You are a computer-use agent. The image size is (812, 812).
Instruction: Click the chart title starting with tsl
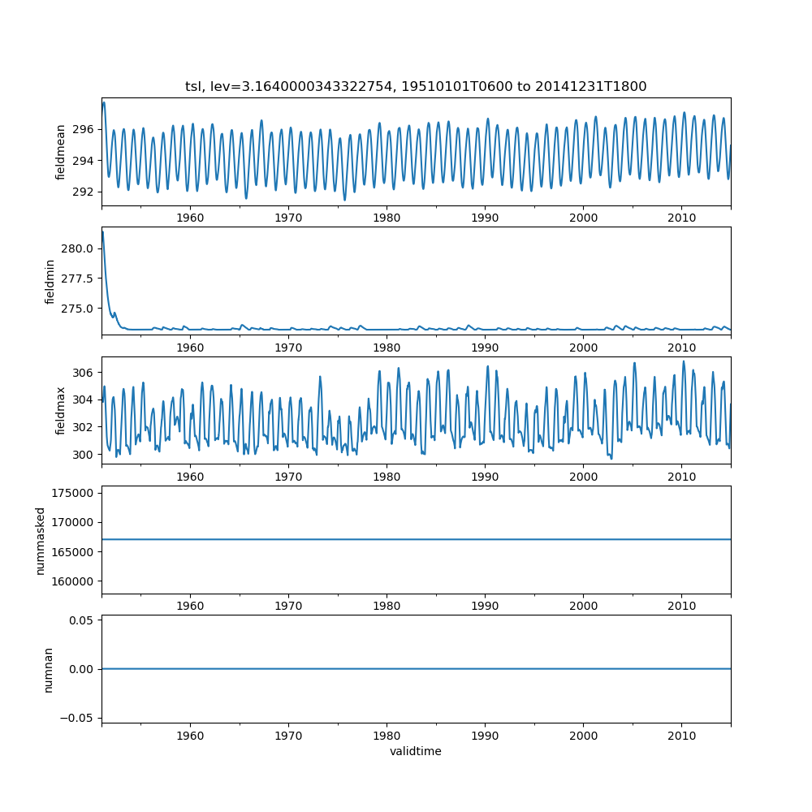pyautogui.click(x=416, y=86)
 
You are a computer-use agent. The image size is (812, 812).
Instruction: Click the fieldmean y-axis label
pyautogui.click(x=61, y=153)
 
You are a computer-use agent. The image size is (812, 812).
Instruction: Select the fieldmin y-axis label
pyautogui.click(x=50, y=282)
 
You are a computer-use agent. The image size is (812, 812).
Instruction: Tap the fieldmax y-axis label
pyautogui.click(x=61, y=411)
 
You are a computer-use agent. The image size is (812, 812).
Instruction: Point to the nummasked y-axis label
pyautogui.click(x=40, y=541)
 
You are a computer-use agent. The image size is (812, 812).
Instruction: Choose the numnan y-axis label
pyautogui.click(x=48, y=669)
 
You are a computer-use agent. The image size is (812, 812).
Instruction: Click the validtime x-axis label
pyautogui.click(x=416, y=751)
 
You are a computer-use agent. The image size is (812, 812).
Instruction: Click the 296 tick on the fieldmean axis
pyautogui.click(x=84, y=129)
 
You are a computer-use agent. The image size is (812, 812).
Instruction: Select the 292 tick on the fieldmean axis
pyautogui.click(x=84, y=192)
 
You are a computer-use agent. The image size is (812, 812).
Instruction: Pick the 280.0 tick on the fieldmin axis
pyautogui.click(x=79, y=248)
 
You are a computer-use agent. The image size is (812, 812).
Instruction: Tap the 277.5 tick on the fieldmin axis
pyautogui.click(x=79, y=279)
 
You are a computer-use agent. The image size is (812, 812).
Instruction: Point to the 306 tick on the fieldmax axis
pyautogui.click(x=84, y=372)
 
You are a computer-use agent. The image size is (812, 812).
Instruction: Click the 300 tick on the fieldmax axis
pyautogui.click(x=84, y=454)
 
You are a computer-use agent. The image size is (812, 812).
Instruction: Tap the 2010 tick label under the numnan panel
pyautogui.click(x=681, y=735)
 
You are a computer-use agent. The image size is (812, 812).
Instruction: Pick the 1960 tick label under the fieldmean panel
pyautogui.click(x=190, y=218)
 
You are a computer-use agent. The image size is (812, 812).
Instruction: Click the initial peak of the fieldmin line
pyautogui.click(x=102, y=232)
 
